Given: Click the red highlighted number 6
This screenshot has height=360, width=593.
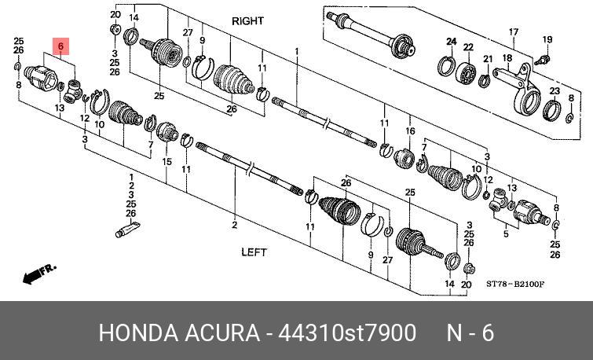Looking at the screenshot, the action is click(x=61, y=47).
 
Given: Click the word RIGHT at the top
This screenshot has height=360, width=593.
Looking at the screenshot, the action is click(x=247, y=21).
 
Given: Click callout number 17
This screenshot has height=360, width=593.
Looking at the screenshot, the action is click(x=514, y=32).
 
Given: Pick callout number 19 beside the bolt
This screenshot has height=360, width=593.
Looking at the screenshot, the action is click(x=547, y=39).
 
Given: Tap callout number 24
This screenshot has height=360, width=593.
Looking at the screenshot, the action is click(x=451, y=41).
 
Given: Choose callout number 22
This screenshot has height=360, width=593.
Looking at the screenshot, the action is click(x=468, y=47).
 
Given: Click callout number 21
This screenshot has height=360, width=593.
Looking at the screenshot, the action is click(x=487, y=59).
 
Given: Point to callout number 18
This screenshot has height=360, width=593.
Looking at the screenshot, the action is click(x=507, y=59).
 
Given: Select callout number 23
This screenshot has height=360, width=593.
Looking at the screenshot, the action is click(x=554, y=92).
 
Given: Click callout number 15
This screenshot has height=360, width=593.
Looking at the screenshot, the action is click(x=167, y=162).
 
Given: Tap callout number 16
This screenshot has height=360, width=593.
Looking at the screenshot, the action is click(x=410, y=130).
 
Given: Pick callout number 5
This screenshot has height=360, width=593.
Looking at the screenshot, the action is click(x=505, y=233).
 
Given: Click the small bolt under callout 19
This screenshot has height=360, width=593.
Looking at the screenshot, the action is click(x=541, y=58).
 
